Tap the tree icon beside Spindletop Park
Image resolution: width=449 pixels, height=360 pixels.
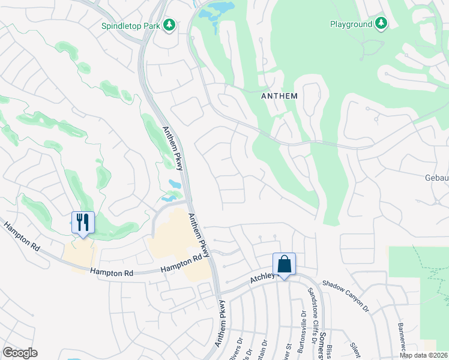[170, 25]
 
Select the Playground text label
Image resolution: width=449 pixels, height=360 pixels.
[351, 24]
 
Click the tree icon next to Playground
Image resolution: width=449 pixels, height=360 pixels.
[381, 23]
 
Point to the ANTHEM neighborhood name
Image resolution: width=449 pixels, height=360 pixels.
[280, 95]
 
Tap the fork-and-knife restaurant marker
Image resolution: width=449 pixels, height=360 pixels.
[83, 223]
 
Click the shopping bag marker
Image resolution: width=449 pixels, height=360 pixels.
[284, 264]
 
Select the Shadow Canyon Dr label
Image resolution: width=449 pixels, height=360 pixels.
[344, 295]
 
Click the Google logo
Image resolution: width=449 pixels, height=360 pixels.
[20, 352]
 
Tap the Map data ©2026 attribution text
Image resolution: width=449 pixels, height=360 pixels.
[423, 355]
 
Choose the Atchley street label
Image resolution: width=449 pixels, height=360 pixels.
[262, 278]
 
